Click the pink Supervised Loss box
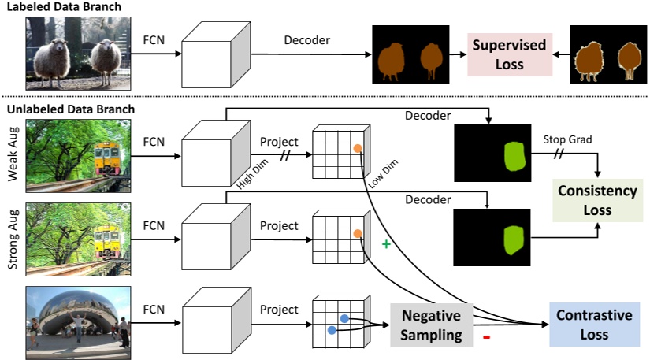(x=509, y=54)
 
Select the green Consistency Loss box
(x=597, y=201)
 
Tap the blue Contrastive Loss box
(x=594, y=325)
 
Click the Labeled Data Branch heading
(x=65, y=8)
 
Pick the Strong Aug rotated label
(x=13, y=239)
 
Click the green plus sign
(x=386, y=245)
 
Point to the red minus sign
(x=486, y=339)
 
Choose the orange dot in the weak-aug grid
(x=357, y=148)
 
